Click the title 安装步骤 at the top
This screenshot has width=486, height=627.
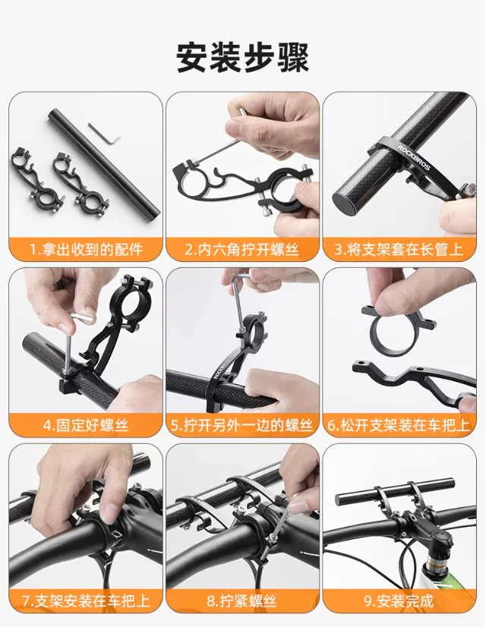coord(242,58)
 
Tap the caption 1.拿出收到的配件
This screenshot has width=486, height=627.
coord(87,249)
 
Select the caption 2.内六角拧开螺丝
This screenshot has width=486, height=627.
coord(242,249)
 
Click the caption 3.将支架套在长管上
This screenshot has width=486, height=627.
coord(399,249)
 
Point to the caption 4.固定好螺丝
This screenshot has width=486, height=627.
coord(86,425)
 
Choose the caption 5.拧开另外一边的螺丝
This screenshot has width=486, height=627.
coord(242,425)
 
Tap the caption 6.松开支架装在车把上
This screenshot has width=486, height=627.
coord(399,425)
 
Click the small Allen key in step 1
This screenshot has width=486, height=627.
coord(103,133)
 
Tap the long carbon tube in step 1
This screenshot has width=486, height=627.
coord(103,162)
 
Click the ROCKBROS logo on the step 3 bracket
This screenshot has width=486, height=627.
coord(413,157)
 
